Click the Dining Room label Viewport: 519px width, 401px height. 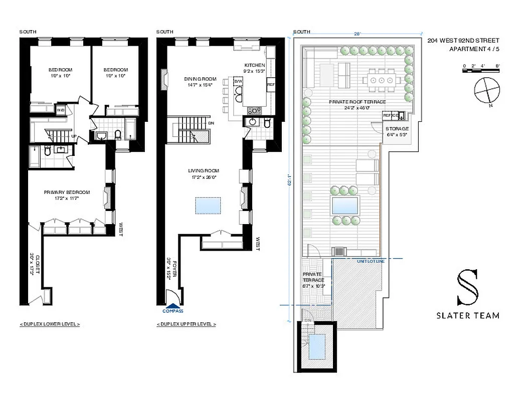point(198,79)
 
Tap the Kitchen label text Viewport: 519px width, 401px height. point(254,66)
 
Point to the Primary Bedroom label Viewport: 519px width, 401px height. point(67,192)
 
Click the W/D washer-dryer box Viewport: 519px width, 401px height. point(61,110)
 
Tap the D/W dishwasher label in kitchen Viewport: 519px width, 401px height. point(238,81)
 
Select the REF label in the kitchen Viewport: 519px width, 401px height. point(271,84)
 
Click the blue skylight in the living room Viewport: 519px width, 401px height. point(208,205)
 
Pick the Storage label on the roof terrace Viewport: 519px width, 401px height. point(397,129)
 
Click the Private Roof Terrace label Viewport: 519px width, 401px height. point(357,102)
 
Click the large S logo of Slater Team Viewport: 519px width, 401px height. point(467,288)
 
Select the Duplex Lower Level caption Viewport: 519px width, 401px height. point(49,324)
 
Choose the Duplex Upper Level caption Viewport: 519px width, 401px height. point(187,324)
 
